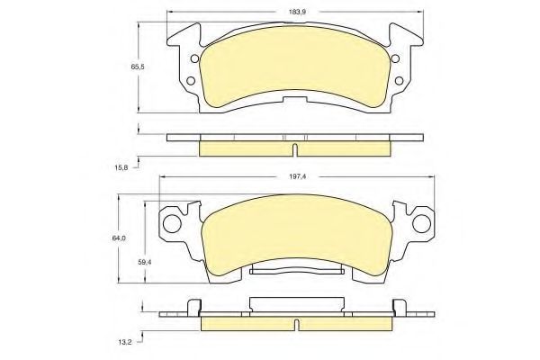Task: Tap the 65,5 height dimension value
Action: tap(138, 67)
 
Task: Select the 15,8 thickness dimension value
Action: tap(121, 167)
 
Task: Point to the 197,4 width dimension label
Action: tap(298, 176)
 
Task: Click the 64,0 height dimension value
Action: tap(119, 238)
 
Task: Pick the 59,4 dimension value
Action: tap(145, 262)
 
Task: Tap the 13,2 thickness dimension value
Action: tap(121, 341)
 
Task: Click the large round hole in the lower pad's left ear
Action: tap(172, 224)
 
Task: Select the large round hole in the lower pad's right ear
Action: tap(421, 224)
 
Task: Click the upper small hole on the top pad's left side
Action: tap(194, 58)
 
